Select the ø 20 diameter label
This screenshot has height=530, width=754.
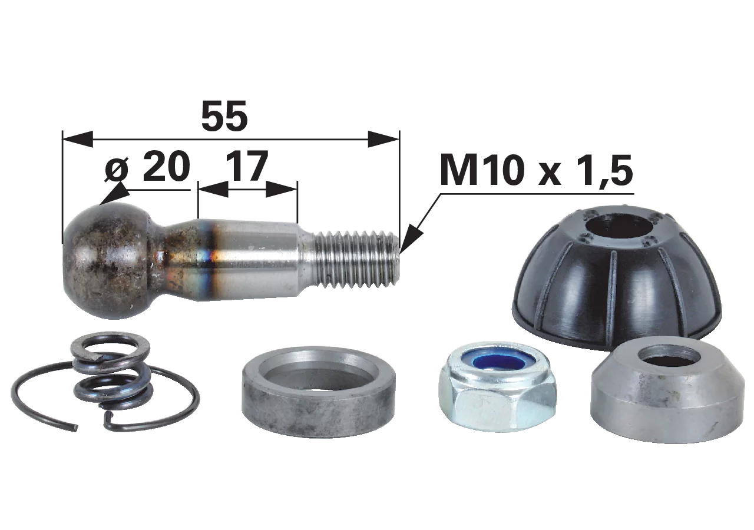(x=147, y=165)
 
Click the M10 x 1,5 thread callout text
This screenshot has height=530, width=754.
(x=536, y=171)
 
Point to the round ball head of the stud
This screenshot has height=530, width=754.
(x=108, y=261)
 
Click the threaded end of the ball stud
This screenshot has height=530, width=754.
(x=357, y=259)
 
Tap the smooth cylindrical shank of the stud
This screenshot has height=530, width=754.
(x=249, y=259)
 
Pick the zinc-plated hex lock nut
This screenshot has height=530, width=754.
(x=498, y=394)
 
